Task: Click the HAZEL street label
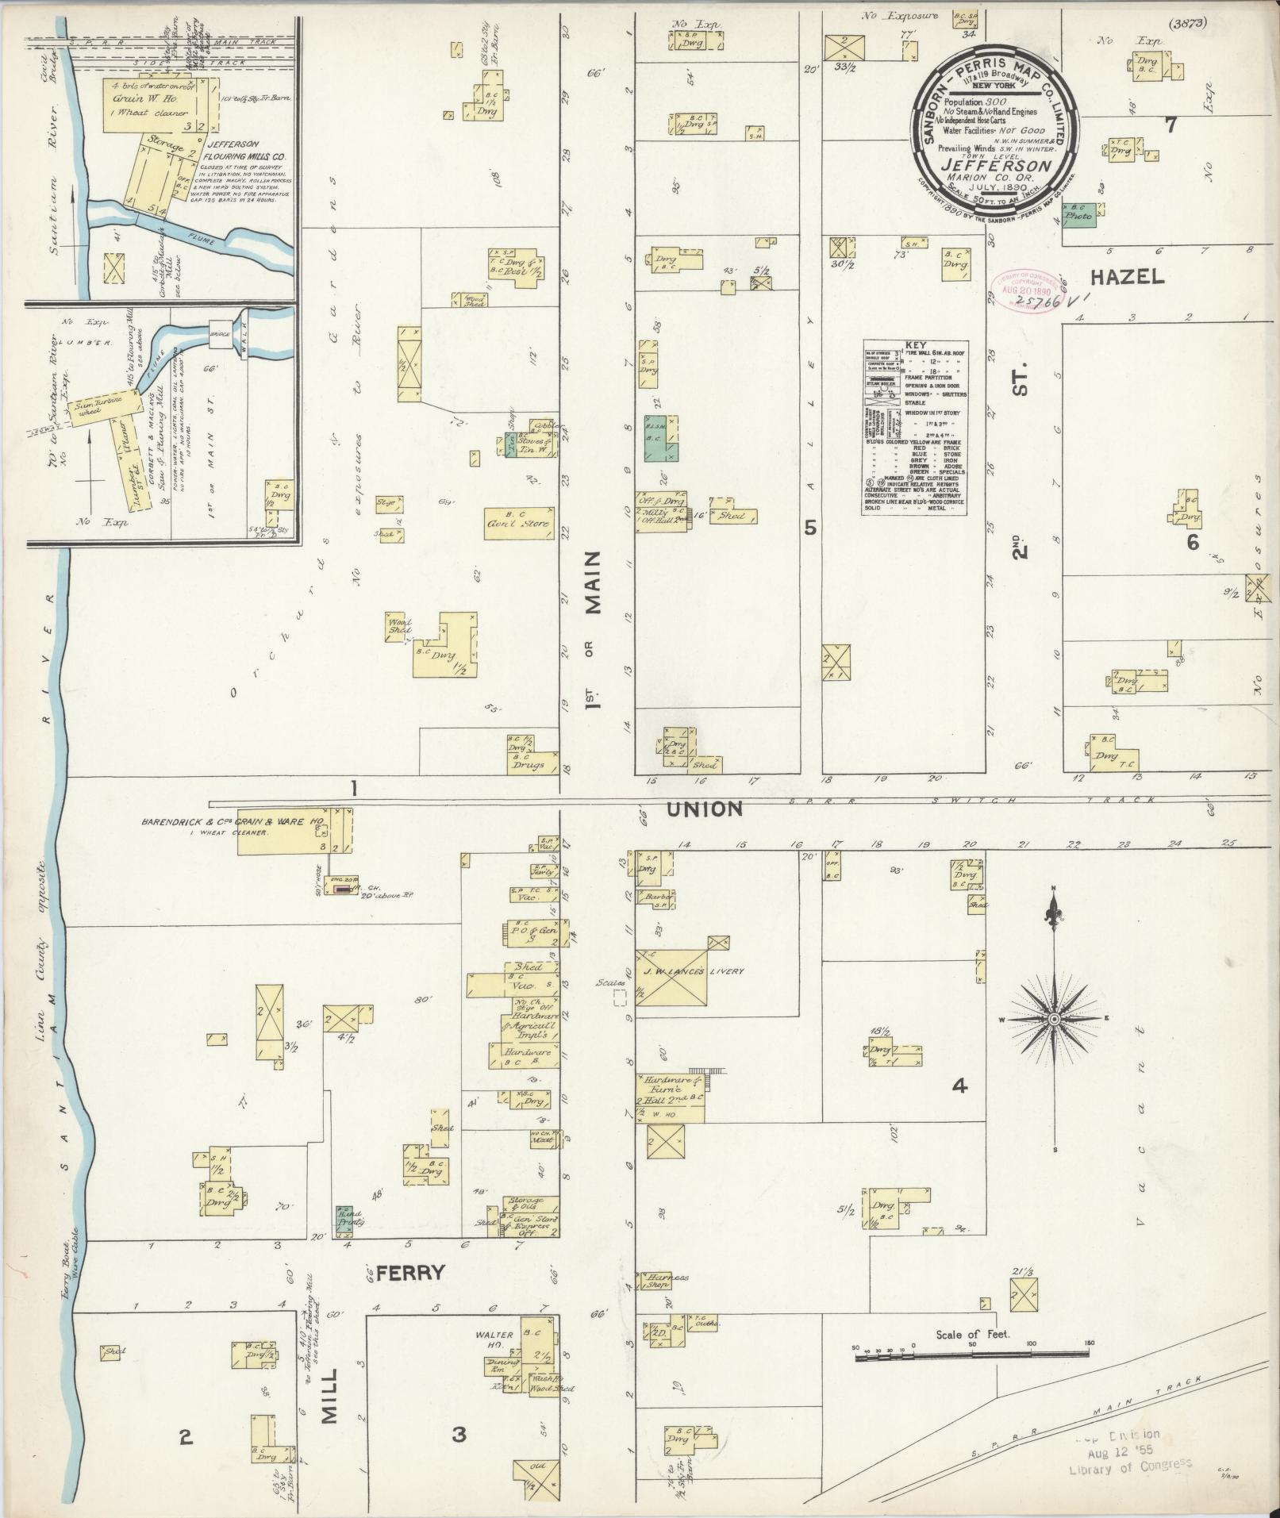coord(1126,277)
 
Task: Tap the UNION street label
coord(704,809)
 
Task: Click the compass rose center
coord(1054,1018)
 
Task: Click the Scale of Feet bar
coord(972,1359)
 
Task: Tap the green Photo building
coord(1079,214)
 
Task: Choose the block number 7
coord(1170,123)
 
